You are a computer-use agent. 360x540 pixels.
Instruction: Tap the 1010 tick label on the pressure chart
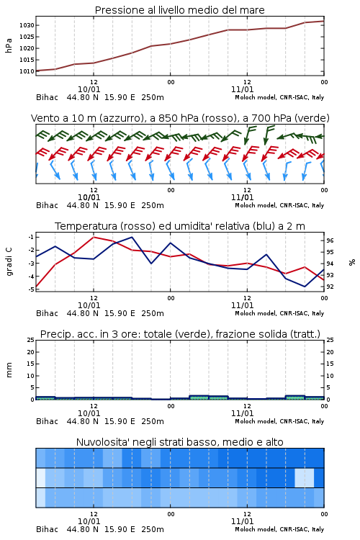[27, 71]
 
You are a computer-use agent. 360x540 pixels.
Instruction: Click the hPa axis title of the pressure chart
[9, 45]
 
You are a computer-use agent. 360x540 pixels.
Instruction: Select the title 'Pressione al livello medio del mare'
[180, 10]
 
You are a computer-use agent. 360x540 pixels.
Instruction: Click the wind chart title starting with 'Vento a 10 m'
[180, 118]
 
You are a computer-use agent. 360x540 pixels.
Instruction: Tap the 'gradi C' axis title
[9, 261]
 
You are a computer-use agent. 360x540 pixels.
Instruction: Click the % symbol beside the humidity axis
[352, 262]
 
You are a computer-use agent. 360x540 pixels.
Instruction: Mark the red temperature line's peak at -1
[94, 237]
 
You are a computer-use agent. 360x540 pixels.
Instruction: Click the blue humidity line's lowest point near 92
[305, 287]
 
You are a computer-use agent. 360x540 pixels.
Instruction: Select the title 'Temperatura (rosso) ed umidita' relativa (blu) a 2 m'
[180, 226]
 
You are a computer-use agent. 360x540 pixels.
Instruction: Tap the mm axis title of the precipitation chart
[9, 370]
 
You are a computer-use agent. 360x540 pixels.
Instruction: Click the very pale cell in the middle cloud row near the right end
[304, 477]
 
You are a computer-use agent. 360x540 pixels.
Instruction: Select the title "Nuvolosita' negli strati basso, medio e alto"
[180, 442]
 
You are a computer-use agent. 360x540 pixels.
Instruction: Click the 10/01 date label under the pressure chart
[89, 89]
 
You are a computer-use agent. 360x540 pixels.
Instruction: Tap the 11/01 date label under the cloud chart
[242, 521]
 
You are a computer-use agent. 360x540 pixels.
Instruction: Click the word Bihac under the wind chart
[48, 205]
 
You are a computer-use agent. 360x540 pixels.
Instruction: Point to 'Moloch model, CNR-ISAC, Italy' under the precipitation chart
[279, 421]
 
